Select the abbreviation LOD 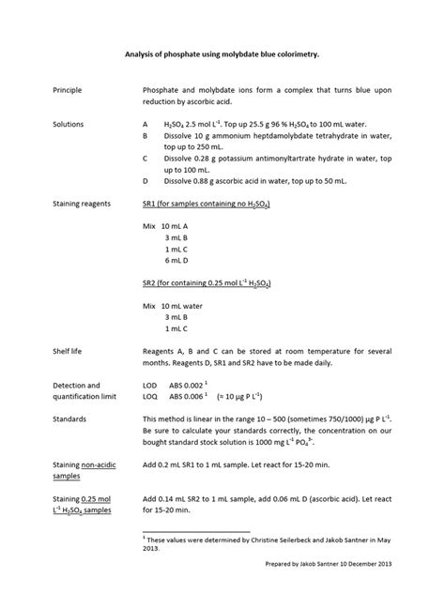pyautogui.click(x=151, y=385)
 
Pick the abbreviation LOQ pyautogui.click(x=151, y=396)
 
